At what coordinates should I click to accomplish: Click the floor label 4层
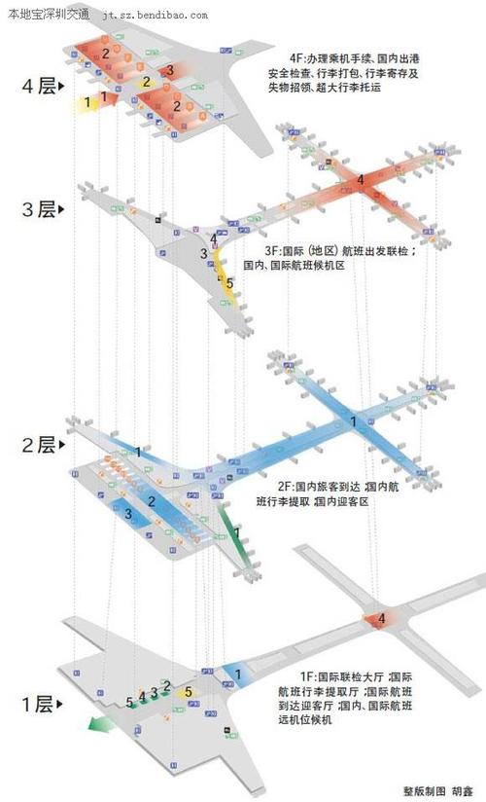[x=39, y=87]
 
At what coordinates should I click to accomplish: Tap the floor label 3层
[x=39, y=209]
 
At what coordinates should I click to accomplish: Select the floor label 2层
[x=39, y=445]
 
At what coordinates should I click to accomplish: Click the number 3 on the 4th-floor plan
[x=169, y=70]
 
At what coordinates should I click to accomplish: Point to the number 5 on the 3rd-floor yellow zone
[x=229, y=283]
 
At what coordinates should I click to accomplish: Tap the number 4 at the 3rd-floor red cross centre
[x=360, y=180]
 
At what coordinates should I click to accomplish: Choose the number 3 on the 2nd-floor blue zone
[x=127, y=513]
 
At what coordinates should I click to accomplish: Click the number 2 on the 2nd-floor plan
[x=152, y=501]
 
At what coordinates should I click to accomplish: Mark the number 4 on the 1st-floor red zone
[x=381, y=618]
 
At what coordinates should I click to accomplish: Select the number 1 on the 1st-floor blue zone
[x=238, y=674]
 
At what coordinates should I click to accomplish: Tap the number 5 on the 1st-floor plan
[x=130, y=702]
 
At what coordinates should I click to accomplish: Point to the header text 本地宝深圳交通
[x=49, y=15]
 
